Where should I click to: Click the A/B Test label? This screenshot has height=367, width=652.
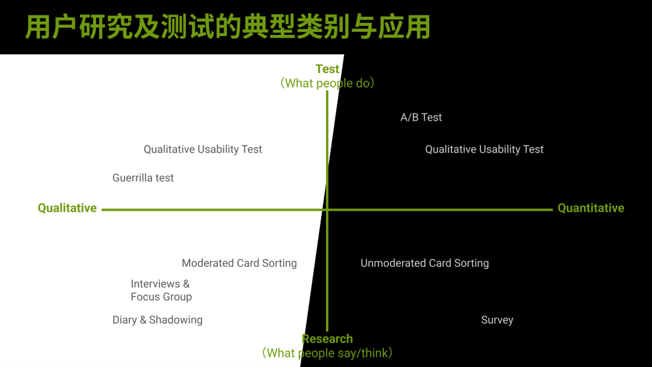421,117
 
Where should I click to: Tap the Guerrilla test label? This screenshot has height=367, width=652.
143,178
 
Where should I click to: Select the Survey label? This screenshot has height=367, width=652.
497,320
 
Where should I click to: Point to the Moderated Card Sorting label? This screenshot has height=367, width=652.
239,263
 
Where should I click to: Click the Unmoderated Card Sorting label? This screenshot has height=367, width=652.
424,263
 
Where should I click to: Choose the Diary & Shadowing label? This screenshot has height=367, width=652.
157,320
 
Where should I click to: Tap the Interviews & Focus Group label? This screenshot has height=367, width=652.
161,290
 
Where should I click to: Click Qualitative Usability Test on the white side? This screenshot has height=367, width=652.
203,149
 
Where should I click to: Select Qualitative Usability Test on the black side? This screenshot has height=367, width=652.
484,149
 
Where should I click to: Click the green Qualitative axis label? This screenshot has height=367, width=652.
67,208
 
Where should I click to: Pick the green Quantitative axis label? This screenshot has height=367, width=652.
590,208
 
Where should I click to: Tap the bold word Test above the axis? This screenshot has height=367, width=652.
327,69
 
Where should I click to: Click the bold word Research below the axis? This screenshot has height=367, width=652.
327,339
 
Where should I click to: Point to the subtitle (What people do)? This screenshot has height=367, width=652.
327,83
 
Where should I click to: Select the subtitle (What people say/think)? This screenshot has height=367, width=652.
327,353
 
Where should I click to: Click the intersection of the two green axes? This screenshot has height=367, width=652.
327,209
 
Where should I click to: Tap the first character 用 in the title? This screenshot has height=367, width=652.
37,27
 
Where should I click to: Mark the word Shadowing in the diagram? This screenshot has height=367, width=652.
176,320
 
